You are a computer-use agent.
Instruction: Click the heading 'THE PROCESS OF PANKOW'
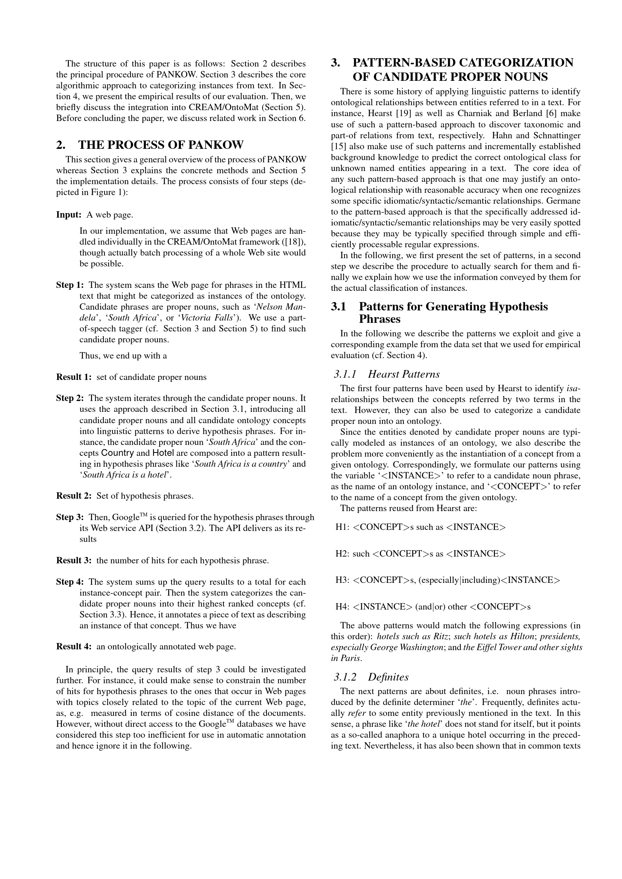pyautogui.click(x=161, y=145)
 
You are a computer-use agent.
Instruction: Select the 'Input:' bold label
pyautogui.click(x=68, y=215)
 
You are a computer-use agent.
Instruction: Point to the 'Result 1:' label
pyautogui.click(x=74, y=377)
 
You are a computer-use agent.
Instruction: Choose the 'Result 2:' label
pyautogui.click(x=74, y=496)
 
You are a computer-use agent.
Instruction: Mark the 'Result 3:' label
pyautogui.click(x=74, y=561)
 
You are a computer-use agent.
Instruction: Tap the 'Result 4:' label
pyautogui.click(x=74, y=647)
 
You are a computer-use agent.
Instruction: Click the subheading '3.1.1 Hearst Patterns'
pyautogui.click(x=387, y=374)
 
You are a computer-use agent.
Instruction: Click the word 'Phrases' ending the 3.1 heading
pyautogui.click(x=379, y=319)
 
